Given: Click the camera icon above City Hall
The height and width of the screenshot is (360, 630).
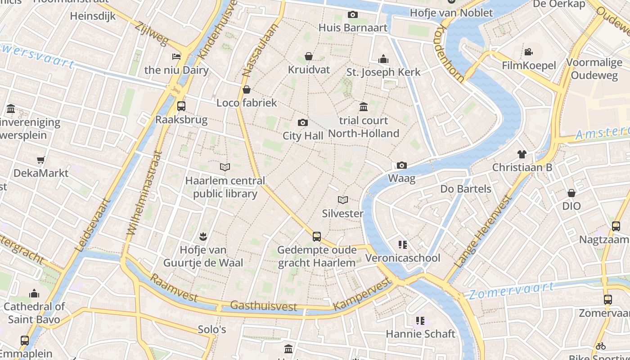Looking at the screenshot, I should (303, 122).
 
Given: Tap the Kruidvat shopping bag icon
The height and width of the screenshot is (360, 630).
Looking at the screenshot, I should (309, 56).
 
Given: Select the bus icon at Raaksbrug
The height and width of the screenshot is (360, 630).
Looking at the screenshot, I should (181, 106).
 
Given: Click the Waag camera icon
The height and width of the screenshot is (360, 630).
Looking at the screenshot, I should (402, 165).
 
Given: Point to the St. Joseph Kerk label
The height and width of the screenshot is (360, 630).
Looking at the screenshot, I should (383, 72).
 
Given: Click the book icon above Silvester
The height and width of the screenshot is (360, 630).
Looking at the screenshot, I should (343, 200).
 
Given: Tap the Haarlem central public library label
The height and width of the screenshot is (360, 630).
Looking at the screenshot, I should (225, 187).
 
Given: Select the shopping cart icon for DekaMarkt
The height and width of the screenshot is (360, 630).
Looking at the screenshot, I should (41, 160).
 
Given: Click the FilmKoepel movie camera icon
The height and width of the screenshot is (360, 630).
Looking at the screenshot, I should (529, 52).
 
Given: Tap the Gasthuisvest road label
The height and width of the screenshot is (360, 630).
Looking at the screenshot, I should (263, 306).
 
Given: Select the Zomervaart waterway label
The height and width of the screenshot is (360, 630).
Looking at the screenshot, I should (511, 291).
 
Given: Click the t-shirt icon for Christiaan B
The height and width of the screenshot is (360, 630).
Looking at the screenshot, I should (522, 154).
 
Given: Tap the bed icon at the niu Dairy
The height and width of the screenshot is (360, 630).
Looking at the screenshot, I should (176, 57).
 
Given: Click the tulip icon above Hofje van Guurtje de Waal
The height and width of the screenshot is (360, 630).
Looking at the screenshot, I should (203, 236).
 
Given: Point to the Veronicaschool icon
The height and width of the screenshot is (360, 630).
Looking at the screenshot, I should (402, 245).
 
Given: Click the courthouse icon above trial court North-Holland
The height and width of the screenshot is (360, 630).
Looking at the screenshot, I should (364, 107).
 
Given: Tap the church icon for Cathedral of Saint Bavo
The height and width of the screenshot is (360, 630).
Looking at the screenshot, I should (34, 294).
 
